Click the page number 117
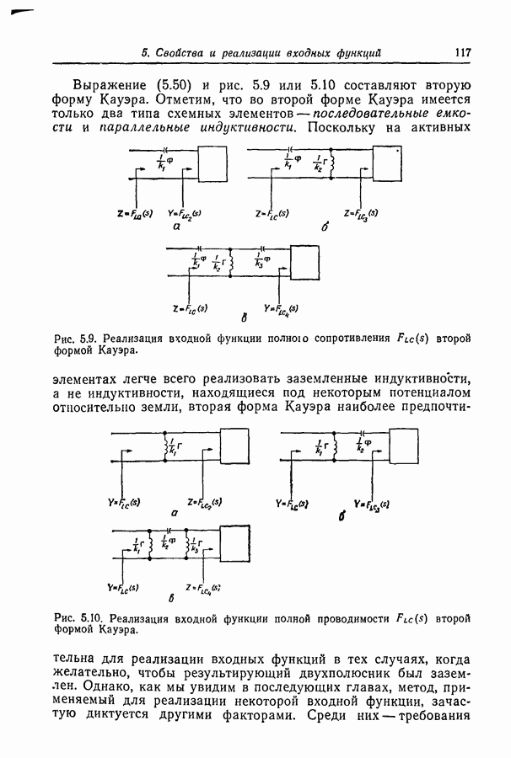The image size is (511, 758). point(461,52)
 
